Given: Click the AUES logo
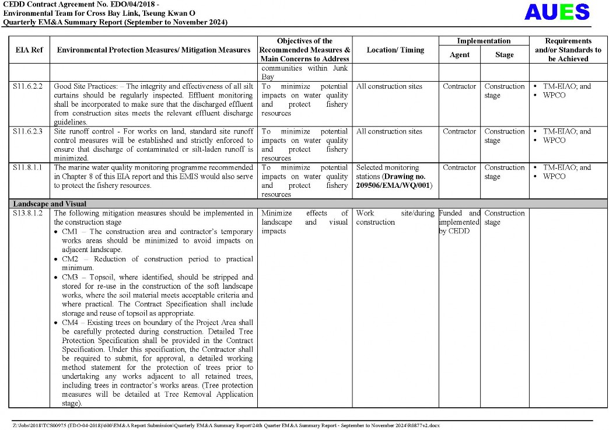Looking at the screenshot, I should (x=557, y=12).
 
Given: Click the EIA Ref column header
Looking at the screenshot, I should (x=29, y=50).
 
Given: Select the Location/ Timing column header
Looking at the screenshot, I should (x=395, y=50).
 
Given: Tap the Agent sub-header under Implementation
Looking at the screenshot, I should (x=459, y=55).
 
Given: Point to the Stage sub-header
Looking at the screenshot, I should (x=504, y=55).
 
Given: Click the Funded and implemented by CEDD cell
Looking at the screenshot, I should (x=459, y=222).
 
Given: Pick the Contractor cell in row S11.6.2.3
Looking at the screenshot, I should (x=459, y=132).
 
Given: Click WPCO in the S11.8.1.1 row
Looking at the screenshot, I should (x=554, y=177).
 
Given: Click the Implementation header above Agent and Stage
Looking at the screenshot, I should (x=484, y=41).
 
